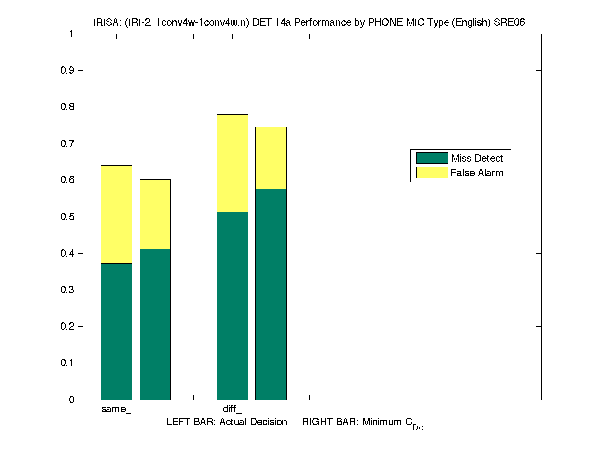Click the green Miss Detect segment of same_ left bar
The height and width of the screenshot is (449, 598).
116,331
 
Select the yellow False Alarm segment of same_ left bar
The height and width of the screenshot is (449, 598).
116,214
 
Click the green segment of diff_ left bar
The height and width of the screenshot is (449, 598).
232,305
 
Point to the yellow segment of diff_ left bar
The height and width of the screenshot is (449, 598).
232,163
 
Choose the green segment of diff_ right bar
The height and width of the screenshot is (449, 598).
271,294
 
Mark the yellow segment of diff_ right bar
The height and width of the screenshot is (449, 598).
271,158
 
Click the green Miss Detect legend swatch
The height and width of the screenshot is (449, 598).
432,158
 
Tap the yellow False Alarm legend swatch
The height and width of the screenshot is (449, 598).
432,173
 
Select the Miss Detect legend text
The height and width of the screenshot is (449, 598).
477,159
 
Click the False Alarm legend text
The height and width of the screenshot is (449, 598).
477,173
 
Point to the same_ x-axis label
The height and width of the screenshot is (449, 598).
116,410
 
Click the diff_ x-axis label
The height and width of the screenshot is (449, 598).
232,410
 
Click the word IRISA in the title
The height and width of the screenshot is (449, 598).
105,22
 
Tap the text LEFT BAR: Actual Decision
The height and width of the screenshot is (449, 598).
227,422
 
